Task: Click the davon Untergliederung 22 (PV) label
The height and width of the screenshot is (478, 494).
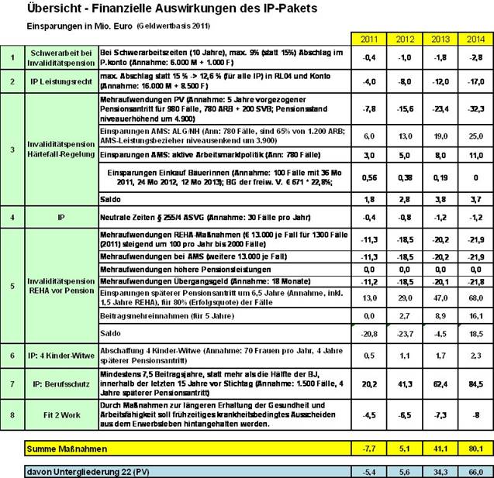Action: [x=68, y=471]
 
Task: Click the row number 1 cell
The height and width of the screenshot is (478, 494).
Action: [x=12, y=57]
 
